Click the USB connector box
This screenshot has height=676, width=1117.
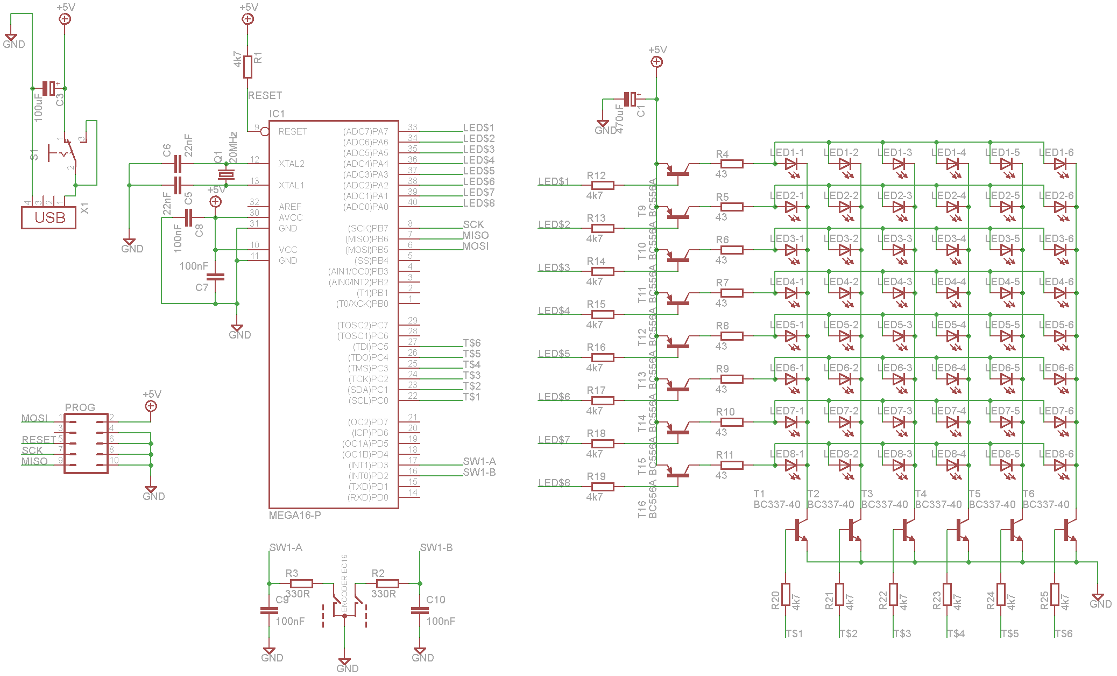tap(48, 217)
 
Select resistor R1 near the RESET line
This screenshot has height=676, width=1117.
tap(248, 67)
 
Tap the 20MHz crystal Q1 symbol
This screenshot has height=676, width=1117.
tap(226, 174)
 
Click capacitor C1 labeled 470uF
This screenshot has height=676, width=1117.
tap(630, 99)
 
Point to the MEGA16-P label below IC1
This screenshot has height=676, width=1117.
tap(295, 515)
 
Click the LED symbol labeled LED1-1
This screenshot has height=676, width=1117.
tap(791, 164)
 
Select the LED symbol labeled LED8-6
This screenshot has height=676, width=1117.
tap(1060, 465)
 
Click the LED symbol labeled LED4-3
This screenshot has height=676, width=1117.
tap(899, 293)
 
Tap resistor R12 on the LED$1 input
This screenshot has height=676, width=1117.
tap(603, 185)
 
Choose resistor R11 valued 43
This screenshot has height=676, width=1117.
tap(732, 465)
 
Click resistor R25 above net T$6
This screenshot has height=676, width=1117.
tap(1055, 594)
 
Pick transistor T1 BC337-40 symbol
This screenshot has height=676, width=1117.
tap(798, 530)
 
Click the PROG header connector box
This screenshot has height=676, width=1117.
tap(86, 443)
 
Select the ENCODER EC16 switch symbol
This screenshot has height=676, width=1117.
tap(344, 603)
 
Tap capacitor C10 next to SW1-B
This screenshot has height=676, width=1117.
tap(420, 610)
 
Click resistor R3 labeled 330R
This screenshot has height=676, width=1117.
tap(301, 583)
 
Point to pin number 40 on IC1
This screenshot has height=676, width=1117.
tap(413, 202)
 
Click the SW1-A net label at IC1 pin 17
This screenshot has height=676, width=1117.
tap(479, 461)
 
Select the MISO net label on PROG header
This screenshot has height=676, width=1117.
tap(34, 461)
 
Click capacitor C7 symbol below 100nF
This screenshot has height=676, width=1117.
tap(215, 277)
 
